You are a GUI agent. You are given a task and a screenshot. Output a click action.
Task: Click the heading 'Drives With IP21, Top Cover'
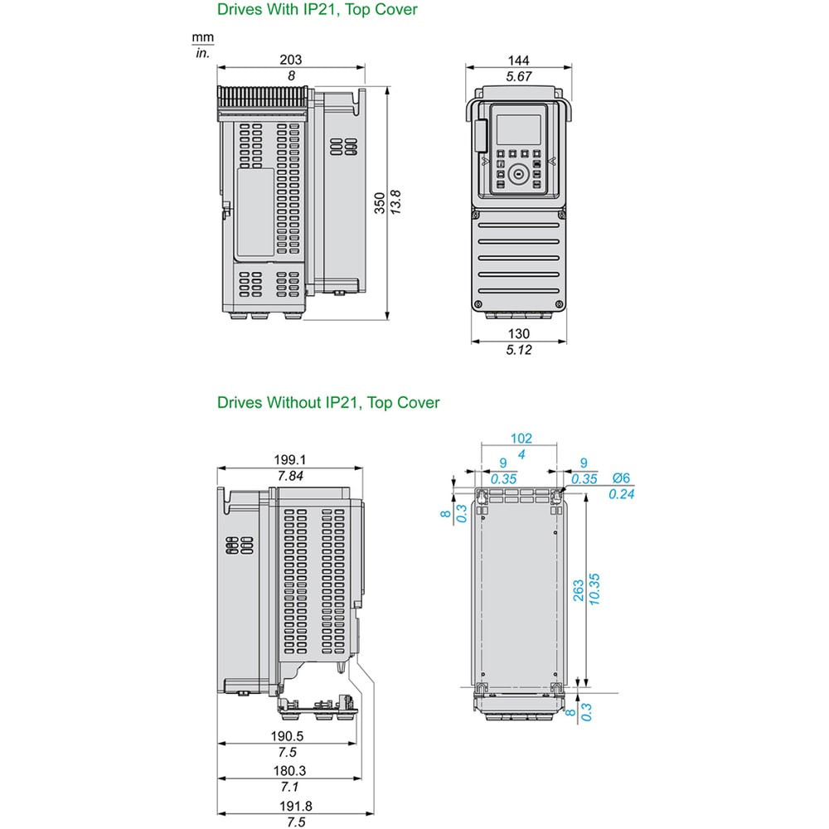[318, 9]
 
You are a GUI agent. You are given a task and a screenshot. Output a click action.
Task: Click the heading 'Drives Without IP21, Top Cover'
[328, 402]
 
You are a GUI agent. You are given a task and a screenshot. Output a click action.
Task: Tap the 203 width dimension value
[291, 59]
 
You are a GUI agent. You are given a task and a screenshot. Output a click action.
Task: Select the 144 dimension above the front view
[518, 60]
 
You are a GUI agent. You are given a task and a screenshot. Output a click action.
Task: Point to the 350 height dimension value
[380, 203]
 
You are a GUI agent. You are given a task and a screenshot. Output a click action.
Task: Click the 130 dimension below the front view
[518, 333]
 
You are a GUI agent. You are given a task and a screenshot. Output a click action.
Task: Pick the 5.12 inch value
[518, 350]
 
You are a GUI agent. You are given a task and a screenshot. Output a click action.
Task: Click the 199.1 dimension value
[289, 459]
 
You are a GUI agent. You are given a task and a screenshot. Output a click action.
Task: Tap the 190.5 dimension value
[287, 735]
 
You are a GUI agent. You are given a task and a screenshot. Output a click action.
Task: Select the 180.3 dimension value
[289, 770]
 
